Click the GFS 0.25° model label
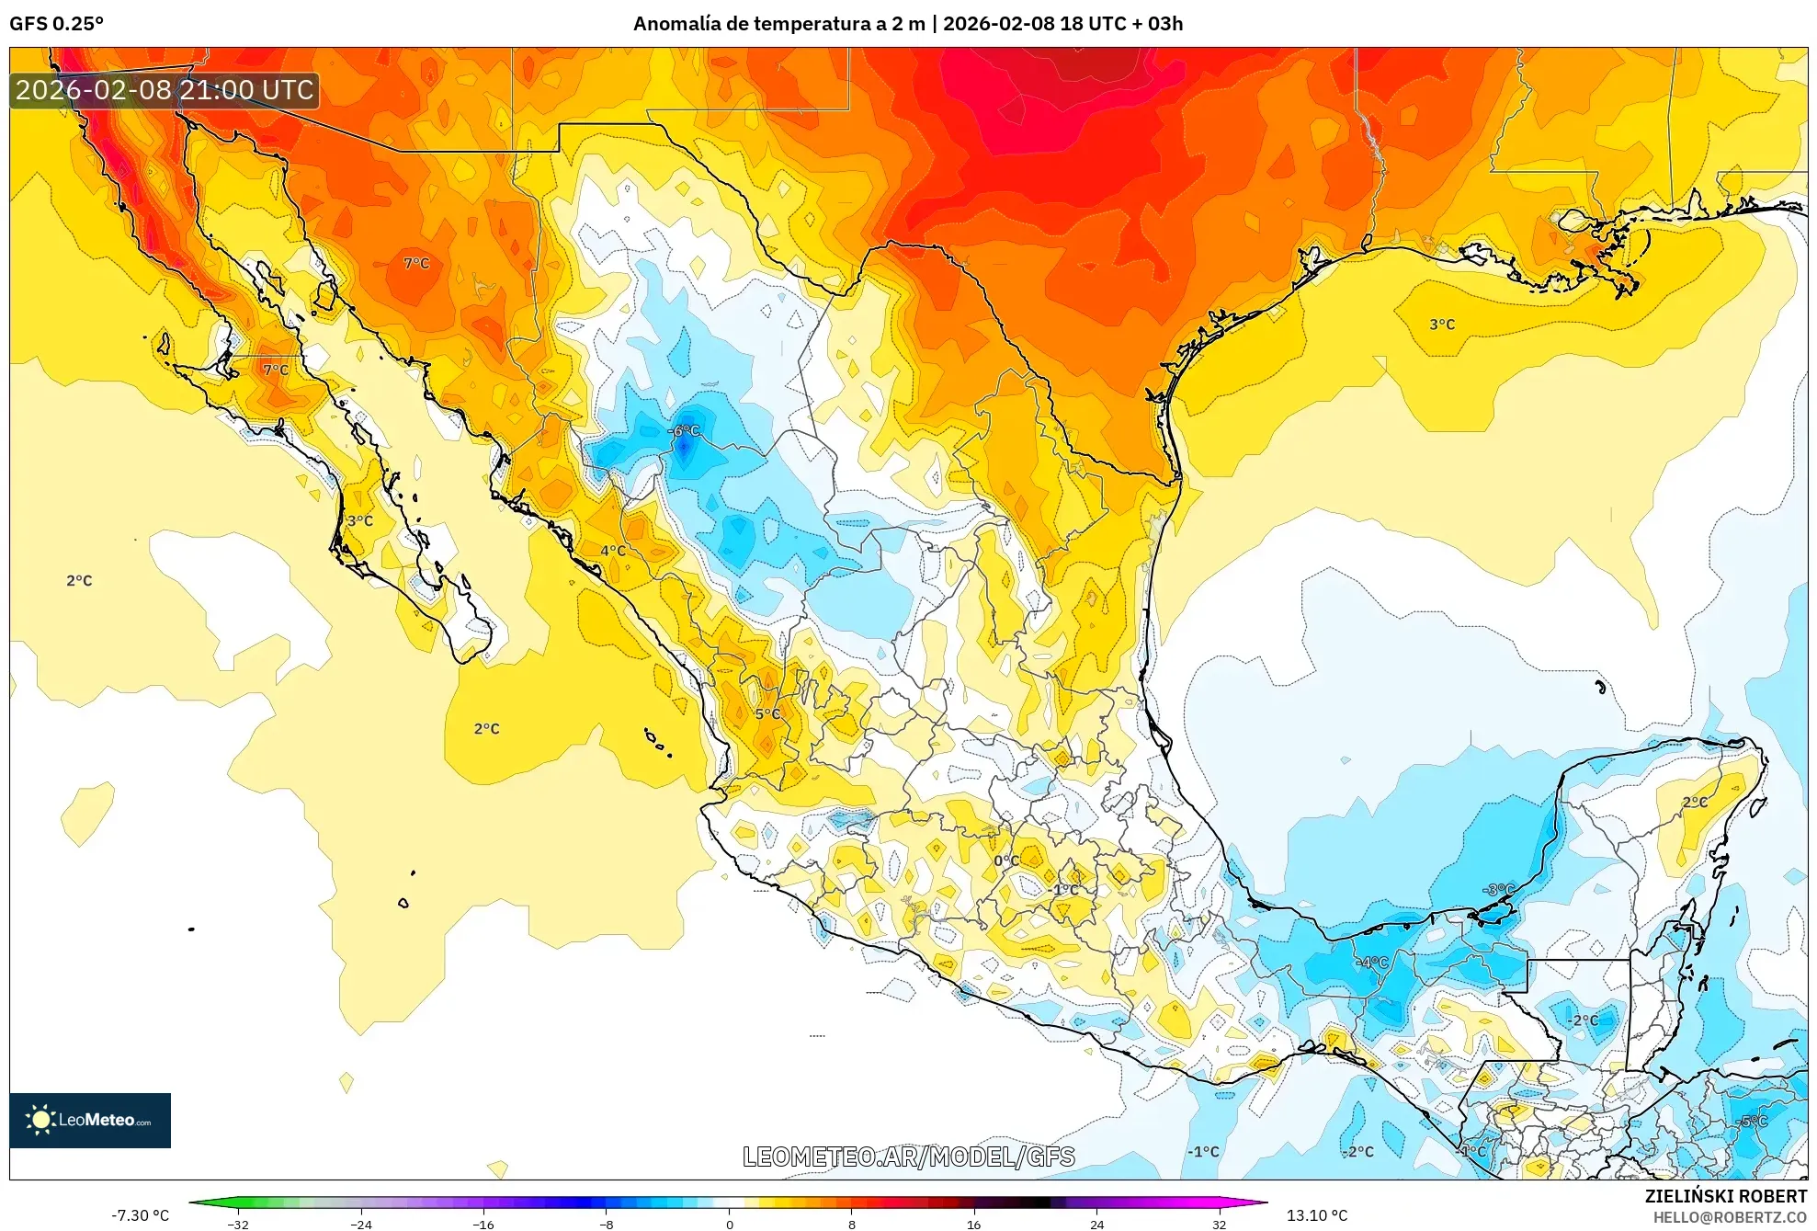click(x=56, y=24)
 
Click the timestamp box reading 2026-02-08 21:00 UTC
click(x=165, y=90)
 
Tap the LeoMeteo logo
click(x=90, y=1120)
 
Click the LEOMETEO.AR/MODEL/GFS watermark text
click(x=908, y=1157)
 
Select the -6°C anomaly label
click(x=684, y=431)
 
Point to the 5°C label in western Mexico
click(x=767, y=714)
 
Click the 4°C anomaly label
click(x=613, y=551)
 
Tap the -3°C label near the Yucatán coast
click(x=1498, y=889)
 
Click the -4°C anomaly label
click(x=1372, y=963)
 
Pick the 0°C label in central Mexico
click(x=1005, y=861)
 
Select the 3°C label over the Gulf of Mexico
click(x=1442, y=325)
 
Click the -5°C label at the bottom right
click(x=1754, y=1121)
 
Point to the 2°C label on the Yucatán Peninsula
click(x=1695, y=802)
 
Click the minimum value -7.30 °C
click(x=141, y=1215)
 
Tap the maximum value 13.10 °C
click(x=1316, y=1215)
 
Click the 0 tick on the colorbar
click(x=729, y=1224)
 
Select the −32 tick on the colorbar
click(x=238, y=1224)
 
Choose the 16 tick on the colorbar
click(x=973, y=1224)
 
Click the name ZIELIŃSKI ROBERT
click(x=1725, y=1196)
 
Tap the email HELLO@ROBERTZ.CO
click(x=1730, y=1217)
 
